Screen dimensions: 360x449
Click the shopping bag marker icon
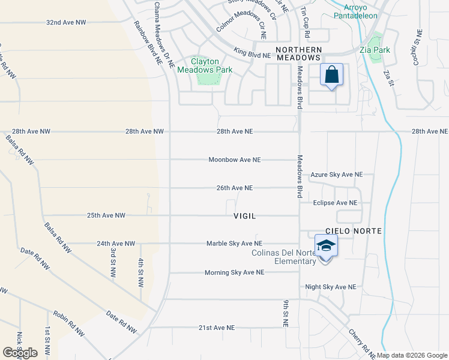point(331,75)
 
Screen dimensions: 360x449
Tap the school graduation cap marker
point(326,246)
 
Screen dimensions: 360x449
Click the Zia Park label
point(376,50)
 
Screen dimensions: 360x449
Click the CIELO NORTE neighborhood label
point(354,231)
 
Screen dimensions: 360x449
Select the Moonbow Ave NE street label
point(235,160)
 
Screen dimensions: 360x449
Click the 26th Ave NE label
point(235,188)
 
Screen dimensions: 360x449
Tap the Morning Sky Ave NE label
point(234,272)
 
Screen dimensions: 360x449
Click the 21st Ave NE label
point(217,328)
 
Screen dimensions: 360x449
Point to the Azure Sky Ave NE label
point(336,175)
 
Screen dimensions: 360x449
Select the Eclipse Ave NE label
point(335,203)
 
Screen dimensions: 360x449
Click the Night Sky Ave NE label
point(331,287)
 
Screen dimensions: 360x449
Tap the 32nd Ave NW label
point(66,22)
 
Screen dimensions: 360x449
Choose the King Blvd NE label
point(252,53)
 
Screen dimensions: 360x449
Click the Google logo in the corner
point(20,352)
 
